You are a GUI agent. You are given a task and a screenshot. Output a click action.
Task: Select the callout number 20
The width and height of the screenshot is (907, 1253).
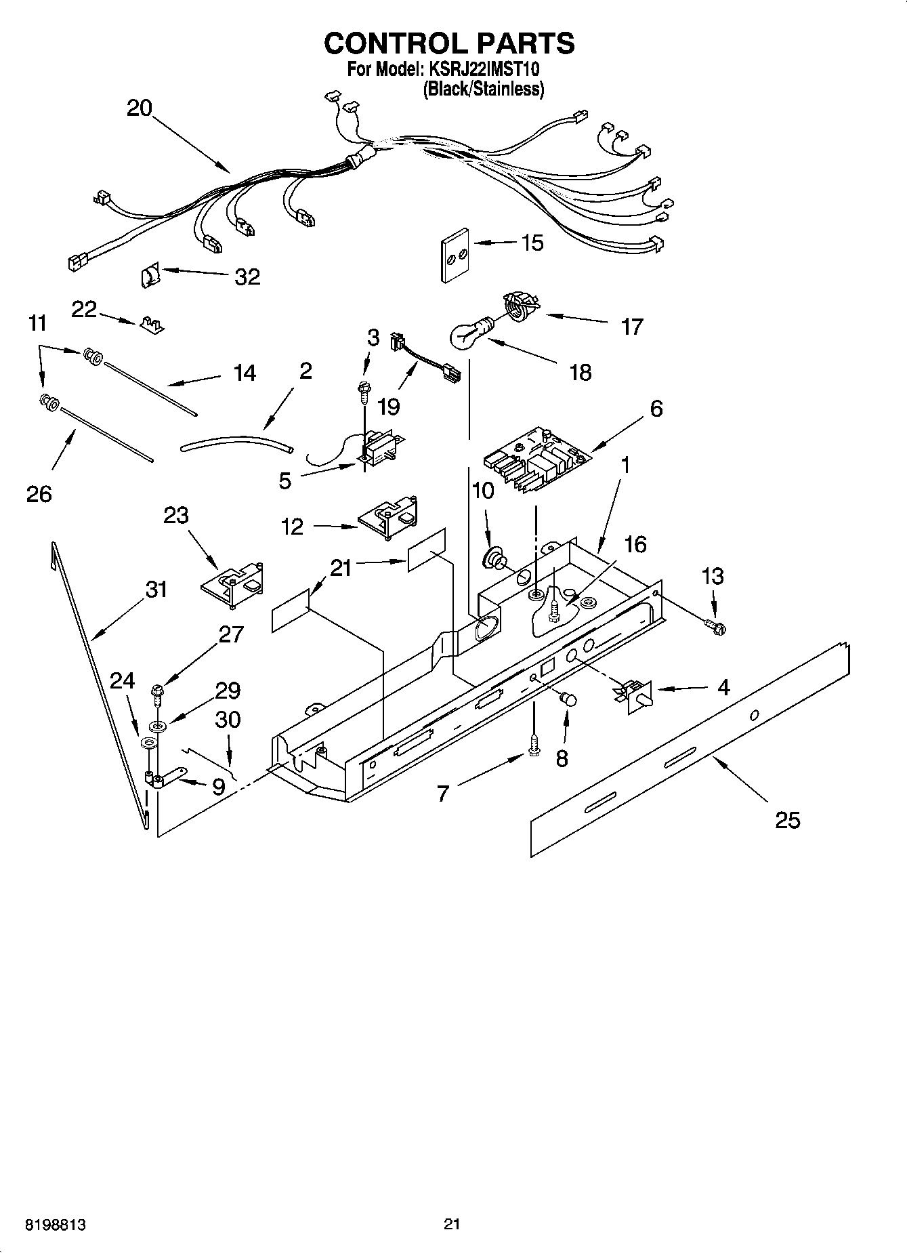click(140, 108)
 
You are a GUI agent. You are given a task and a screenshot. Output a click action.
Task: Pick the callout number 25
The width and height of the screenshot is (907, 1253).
click(788, 820)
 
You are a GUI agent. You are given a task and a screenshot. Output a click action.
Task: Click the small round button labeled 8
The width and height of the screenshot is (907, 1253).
click(568, 698)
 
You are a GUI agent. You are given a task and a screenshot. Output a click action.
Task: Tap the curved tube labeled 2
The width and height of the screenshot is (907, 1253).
click(237, 445)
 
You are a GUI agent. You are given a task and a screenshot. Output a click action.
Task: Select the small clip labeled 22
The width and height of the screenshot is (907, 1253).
click(152, 324)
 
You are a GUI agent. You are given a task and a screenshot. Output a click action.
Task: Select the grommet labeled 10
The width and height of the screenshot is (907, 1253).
click(493, 559)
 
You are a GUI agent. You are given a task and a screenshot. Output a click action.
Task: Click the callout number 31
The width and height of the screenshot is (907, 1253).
click(156, 590)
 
